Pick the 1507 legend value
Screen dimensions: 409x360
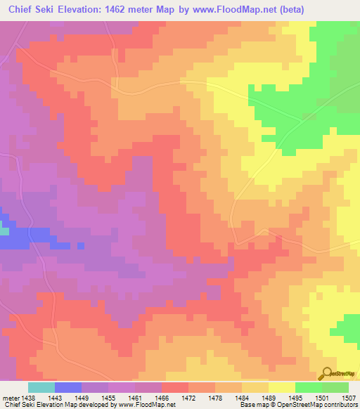tap(348, 397)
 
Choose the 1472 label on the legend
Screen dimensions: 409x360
tap(188, 397)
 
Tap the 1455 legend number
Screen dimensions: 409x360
tap(108, 397)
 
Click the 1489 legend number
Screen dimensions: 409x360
tap(268, 397)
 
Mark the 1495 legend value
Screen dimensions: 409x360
tap(295, 397)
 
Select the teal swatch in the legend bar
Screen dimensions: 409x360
tap(41, 387)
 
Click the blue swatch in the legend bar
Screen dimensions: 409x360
tap(67, 387)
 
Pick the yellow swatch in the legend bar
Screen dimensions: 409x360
tap(281, 387)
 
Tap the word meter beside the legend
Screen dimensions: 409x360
tap(11, 397)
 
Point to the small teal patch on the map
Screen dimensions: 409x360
tap(4, 231)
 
